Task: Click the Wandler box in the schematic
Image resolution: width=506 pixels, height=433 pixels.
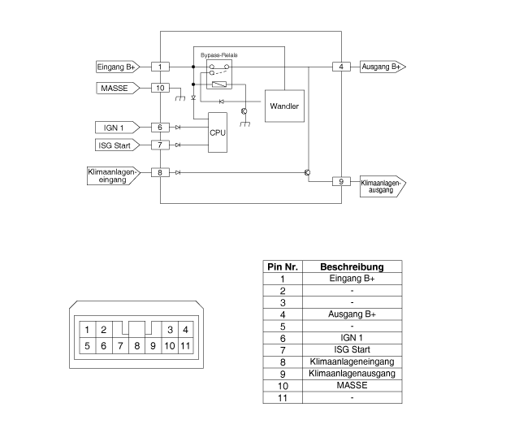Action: [284, 106]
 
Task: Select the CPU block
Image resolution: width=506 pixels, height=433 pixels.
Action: [217, 132]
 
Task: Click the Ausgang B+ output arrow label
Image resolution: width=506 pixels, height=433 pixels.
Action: [382, 67]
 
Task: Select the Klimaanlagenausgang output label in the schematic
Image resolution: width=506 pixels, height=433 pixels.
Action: [382, 186]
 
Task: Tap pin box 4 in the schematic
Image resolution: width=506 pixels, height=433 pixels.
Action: [342, 67]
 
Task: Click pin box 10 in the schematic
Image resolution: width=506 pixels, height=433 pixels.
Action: [161, 87]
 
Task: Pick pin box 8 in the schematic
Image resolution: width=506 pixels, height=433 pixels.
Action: [161, 172]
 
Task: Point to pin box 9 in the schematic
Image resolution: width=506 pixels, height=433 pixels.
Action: [342, 181]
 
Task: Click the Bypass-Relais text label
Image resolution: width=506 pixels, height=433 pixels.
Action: [219, 54]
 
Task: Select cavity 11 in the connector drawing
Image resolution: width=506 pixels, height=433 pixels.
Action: [187, 345]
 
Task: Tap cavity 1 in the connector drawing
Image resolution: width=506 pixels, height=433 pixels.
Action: [86, 329]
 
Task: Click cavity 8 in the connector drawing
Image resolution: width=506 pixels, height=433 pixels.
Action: [136, 345]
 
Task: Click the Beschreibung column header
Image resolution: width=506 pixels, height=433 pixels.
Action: [352, 266]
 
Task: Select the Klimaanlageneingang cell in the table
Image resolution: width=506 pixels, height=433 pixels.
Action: [352, 361]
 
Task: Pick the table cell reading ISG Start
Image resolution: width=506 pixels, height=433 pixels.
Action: [352, 349]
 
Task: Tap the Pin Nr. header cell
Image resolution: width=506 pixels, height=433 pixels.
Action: [283, 266]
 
